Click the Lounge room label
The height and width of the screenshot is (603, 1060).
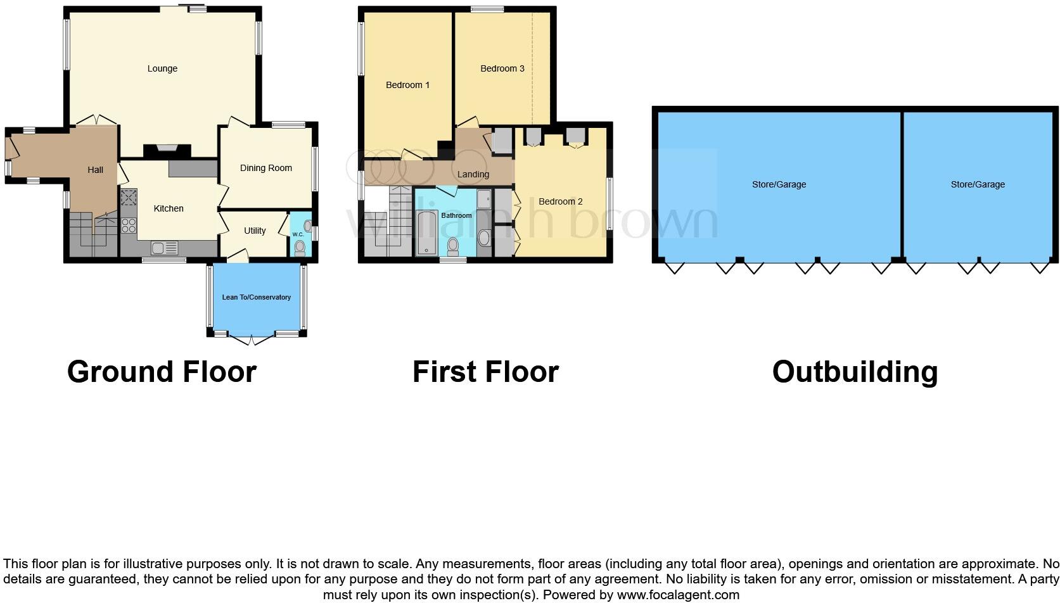162,68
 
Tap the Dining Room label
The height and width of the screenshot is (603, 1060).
265,168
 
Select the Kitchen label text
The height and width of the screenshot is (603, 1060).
169,208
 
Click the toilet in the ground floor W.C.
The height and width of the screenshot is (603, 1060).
300,247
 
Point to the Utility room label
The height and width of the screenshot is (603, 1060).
255,231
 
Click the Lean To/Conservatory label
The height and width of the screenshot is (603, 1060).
256,297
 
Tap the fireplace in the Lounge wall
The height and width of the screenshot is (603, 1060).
167,149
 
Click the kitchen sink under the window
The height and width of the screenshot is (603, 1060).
163,248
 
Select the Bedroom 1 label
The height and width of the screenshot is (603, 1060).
407,85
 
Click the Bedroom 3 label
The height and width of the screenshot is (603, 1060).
502,68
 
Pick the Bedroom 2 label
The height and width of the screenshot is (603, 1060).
560,201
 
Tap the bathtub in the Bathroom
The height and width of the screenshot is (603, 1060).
426,234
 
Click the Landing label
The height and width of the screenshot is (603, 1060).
473,174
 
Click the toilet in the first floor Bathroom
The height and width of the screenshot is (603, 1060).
452,244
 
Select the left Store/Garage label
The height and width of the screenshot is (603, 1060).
779,184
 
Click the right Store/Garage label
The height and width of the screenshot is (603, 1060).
977,184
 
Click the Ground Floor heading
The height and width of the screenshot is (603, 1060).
162,372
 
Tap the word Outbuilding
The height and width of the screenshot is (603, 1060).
854,372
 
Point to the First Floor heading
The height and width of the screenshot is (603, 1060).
485,372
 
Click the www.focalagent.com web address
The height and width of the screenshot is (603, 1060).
678,595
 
